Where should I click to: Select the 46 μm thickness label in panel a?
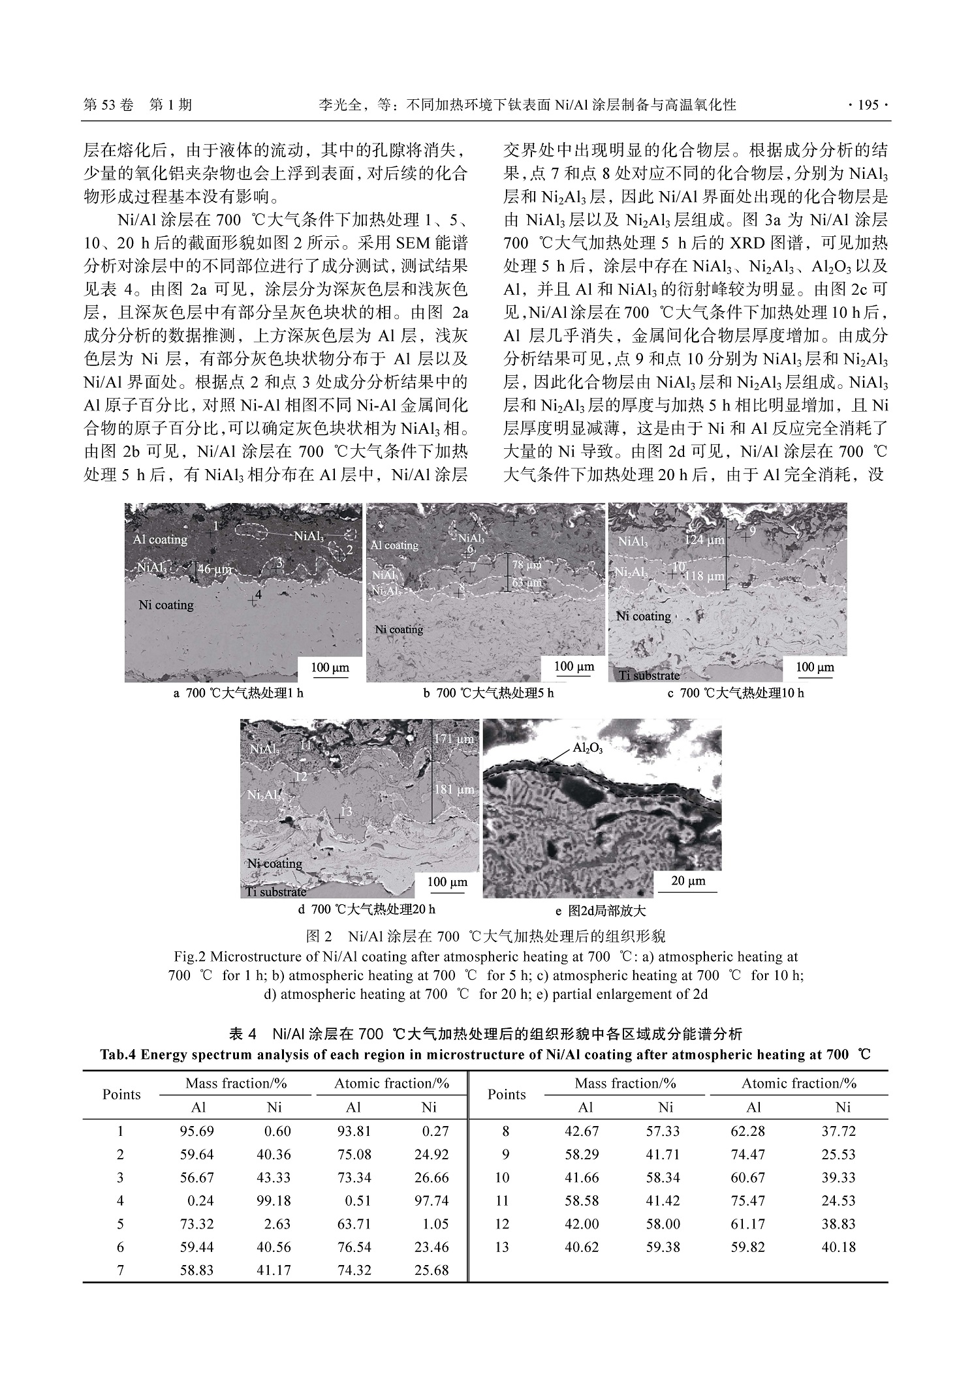click(215, 570)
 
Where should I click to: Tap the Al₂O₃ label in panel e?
click(588, 748)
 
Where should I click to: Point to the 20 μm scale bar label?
click(688, 881)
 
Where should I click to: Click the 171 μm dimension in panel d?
click(454, 739)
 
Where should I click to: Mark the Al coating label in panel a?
click(160, 540)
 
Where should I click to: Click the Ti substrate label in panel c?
click(648, 675)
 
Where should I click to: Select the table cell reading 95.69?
click(197, 1131)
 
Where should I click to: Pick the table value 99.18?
click(274, 1200)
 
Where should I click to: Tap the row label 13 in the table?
click(501, 1247)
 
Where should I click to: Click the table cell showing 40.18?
click(838, 1247)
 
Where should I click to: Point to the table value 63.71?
click(354, 1224)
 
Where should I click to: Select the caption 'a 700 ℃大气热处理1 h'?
click(238, 693)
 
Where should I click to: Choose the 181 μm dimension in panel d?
click(454, 789)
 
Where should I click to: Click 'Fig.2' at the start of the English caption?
click(189, 957)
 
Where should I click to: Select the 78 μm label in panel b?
click(526, 565)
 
